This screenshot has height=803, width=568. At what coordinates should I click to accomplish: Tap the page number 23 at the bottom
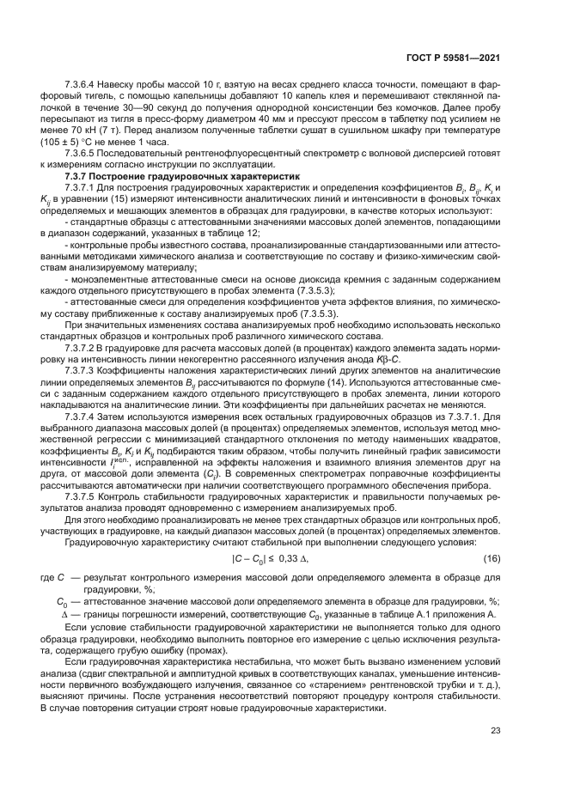click(x=496, y=731)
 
